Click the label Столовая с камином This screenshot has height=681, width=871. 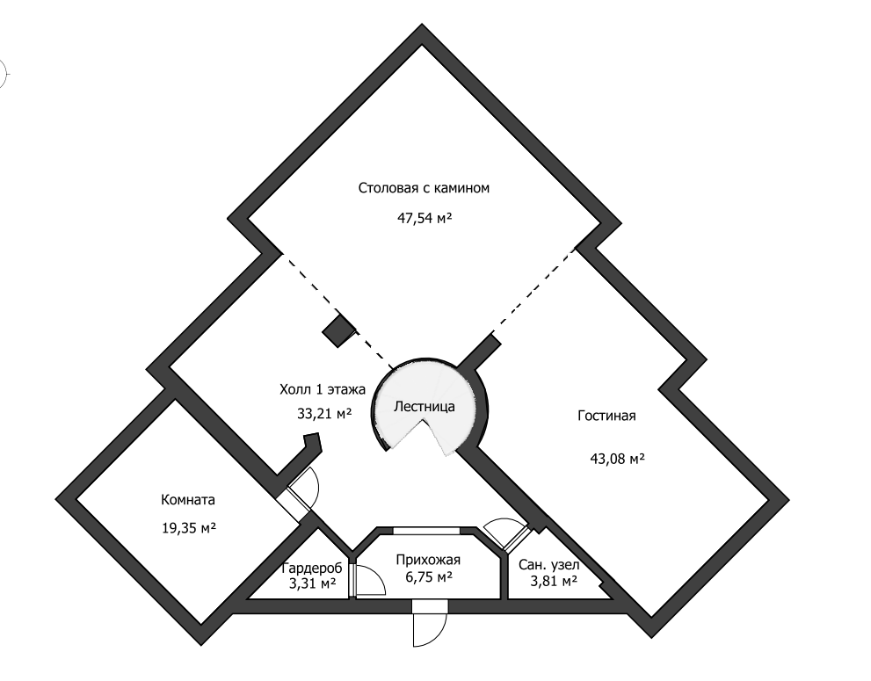pos(423,188)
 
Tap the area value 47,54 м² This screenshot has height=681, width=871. pos(425,217)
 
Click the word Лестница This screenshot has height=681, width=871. pos(425,407)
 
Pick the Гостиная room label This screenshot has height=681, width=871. pos(606,416)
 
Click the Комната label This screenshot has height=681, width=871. pos(188,500)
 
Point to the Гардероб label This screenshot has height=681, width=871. pos(312,568)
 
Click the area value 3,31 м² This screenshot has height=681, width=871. pos(312,582)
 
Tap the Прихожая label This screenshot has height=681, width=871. pos(429,560)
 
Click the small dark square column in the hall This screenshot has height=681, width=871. pos(338,330)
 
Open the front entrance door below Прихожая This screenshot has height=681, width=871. pos(431,623)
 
